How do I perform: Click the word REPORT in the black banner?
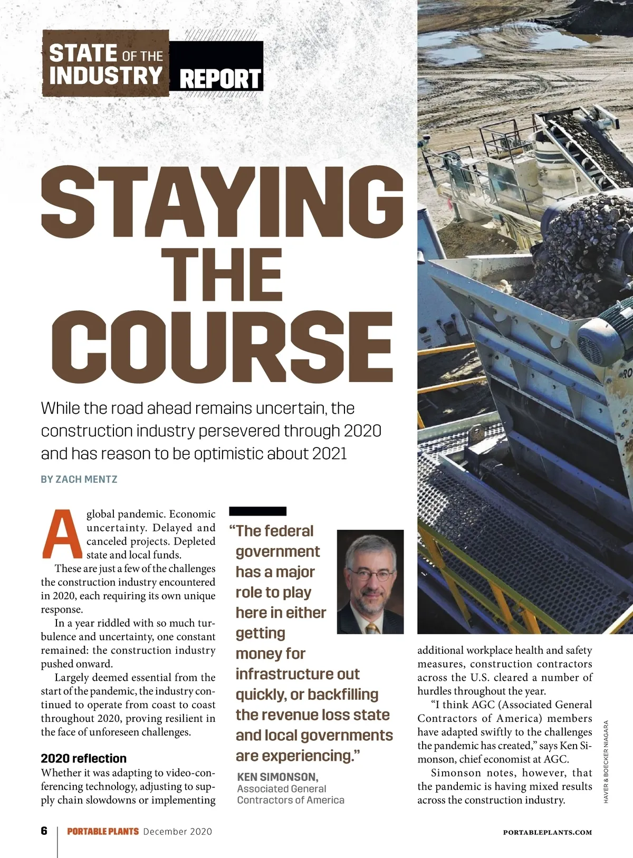[220, 79]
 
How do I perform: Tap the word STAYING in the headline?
[222, 203]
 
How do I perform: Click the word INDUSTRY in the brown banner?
[105, 75]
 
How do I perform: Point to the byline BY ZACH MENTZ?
[79, 480]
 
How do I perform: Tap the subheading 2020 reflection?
[84, 758]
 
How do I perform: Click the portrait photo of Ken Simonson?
[370, 581]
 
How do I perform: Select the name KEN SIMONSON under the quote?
[277, 777]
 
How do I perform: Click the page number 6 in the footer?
[44, 831]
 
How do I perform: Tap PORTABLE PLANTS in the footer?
[103, 832]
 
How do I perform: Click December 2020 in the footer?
[177, 832]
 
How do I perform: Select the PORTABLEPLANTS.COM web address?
[547, 832]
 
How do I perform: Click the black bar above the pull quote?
[258, 511]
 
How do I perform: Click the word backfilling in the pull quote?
[343, 694]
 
